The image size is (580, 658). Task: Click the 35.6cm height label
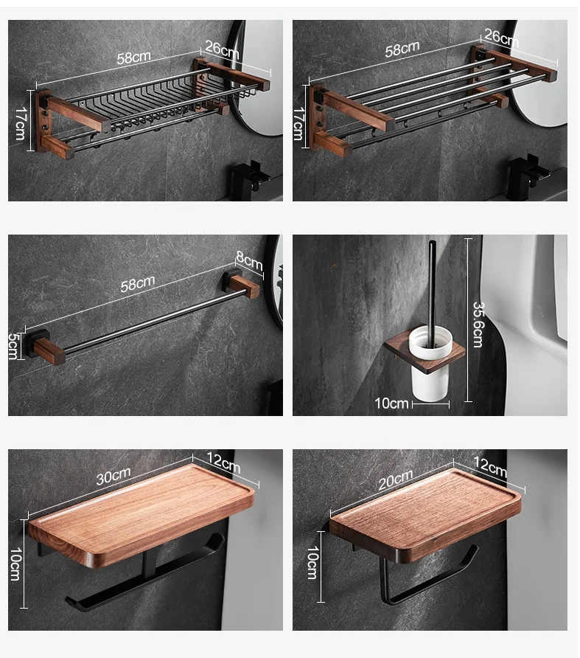(x=477, y=324)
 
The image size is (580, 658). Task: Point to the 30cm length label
(x=113, y=477)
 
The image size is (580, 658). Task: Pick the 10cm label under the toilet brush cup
(x=391, y=403)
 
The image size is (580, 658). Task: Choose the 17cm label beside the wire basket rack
(x=20, y=120)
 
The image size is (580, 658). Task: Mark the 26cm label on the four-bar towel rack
(x=500, y=38)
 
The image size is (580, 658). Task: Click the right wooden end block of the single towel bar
(x=245, y=287)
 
